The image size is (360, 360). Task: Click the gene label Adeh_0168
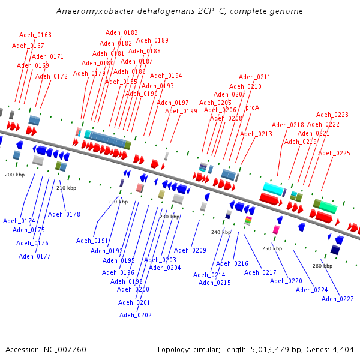(35, 35)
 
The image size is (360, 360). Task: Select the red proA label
(252, 107)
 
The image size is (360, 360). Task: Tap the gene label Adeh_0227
(338, 299)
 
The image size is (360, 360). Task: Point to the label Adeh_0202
(135, 315)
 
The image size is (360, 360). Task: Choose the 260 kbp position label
(323, 266)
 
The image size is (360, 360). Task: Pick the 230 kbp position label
(169, 217)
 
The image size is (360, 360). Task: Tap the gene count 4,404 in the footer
(342, 349)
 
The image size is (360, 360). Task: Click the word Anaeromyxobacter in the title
(88, 11)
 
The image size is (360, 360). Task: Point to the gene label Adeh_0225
(334, 153)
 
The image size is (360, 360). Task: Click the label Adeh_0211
(254, 77)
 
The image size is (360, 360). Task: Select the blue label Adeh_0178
(64, 214)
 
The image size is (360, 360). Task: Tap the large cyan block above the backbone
(273, 188)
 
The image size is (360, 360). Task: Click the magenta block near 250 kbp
(276, 229)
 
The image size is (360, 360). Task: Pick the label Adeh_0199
(181, 111)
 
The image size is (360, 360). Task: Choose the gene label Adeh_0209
(190, 250)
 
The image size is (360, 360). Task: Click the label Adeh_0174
(19, 221)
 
